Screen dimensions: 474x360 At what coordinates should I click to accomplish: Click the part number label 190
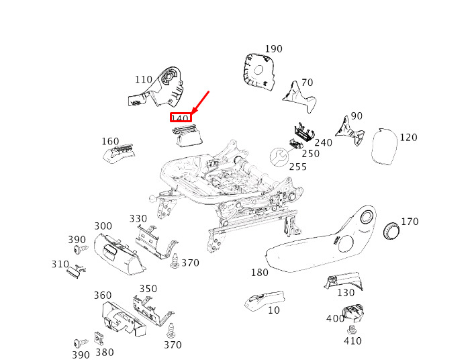273,49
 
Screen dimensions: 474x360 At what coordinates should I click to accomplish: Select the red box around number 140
181,118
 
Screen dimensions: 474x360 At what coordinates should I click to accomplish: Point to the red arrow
199,103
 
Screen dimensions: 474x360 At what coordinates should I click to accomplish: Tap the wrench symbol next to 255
279,156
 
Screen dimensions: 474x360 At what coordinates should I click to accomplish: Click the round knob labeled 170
391,231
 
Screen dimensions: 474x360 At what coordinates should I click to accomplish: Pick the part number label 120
408,137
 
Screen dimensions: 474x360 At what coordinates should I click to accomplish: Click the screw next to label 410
352,330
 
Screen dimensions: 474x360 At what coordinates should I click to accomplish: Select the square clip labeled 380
99,339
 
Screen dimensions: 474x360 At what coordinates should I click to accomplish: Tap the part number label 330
138,218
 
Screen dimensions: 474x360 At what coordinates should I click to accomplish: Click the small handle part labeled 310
75,271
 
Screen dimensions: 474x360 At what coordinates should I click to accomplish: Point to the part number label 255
298,167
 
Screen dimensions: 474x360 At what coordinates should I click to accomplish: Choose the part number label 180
260,273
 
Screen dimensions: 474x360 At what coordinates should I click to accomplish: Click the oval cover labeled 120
384,146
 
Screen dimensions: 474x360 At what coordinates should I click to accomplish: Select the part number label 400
335,318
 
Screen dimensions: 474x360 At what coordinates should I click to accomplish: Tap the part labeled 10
265,301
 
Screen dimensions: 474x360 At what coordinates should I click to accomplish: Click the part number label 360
103,296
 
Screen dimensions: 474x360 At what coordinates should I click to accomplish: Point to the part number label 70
307,83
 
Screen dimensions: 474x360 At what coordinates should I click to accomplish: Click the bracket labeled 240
304,132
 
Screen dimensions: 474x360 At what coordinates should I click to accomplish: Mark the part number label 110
144,79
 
